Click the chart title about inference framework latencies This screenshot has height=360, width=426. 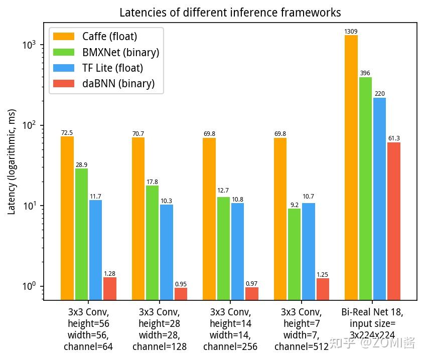coord(230,13)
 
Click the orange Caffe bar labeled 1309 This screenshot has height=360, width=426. coord(351,165)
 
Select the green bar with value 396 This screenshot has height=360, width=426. coord(365,188)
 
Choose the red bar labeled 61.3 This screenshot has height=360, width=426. coord(394,221)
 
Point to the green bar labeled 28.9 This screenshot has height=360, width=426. coord(81,234)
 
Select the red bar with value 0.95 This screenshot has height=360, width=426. coord(181,293)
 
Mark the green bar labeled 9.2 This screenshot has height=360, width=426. coord(295,254)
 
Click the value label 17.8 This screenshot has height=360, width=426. coord(152,182)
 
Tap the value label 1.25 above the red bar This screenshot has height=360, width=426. coord(323,275)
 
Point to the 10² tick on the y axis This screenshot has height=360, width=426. coord(32,125)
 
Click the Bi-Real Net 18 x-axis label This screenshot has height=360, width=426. coord(372,323)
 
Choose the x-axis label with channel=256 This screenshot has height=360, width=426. coord(230,329)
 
